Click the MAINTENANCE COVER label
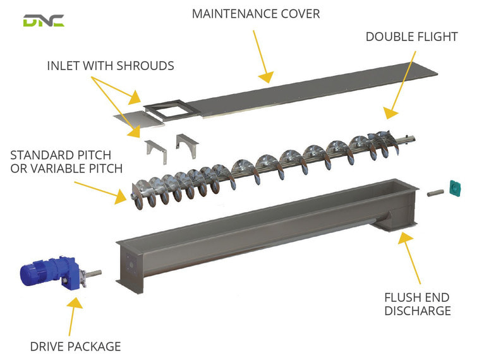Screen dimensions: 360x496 point(256,13)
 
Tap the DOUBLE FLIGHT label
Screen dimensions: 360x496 point(411,37)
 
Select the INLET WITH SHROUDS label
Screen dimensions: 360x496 point(111,66)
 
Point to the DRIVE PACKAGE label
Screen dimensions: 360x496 point(75,346)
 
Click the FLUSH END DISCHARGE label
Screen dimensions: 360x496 point(418,304)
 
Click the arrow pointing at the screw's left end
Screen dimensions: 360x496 point(101,190)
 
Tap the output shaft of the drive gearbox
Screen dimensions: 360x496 point(94,273)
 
